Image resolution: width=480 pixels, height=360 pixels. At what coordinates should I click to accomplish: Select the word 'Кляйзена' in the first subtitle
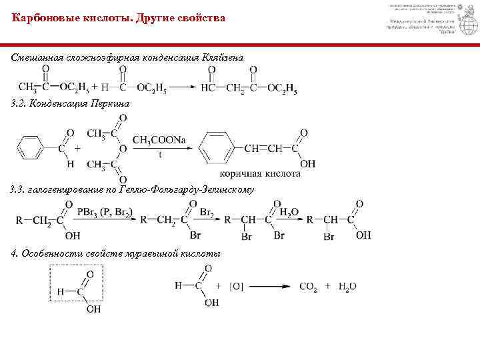223,59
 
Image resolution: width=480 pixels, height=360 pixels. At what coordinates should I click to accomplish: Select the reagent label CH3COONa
159,139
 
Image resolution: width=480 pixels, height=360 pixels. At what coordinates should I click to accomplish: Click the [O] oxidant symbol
237,287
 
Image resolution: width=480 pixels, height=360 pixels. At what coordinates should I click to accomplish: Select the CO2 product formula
308,287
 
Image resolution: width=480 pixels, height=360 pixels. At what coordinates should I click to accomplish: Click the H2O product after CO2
347,287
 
